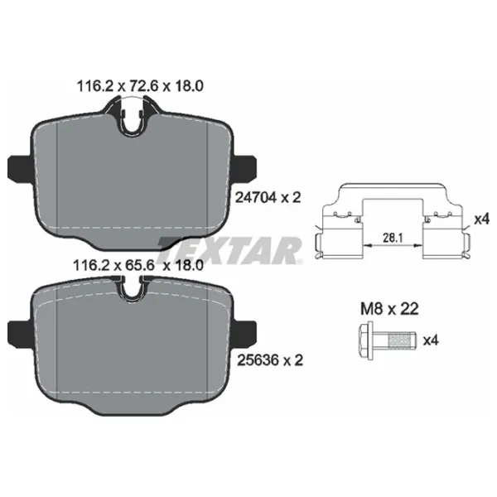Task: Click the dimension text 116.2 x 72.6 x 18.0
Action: (140, 86)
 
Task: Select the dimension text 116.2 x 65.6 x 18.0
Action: (138, 265)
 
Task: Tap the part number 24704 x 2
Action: (268, 198)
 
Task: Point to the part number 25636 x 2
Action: (270, 360)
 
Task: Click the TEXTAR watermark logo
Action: (230, 250)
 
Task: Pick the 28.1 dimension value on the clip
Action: (393, 238)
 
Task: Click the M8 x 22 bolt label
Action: (389, 309)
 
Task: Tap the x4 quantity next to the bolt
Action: (431, 340)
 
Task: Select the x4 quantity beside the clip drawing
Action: (481, 219)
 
